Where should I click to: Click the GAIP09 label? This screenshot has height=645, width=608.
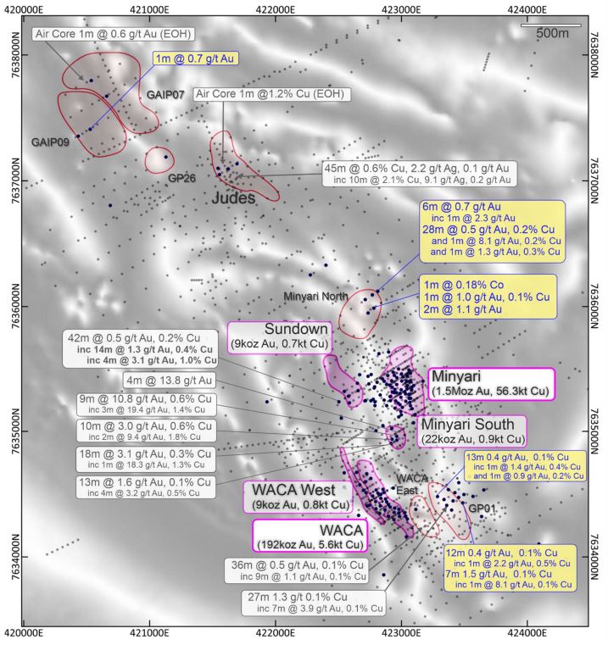click(x=50, y=142)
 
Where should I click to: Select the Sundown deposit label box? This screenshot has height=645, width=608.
click(x=280, y=336)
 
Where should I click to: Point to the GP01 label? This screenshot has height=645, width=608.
click(x=481, y=509)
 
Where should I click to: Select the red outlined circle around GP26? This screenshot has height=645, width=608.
click(x=159, y=158)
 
